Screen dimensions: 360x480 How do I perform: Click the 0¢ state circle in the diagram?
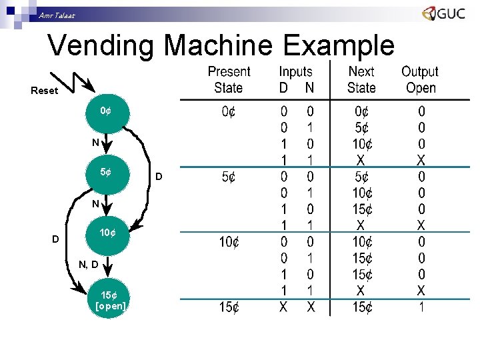[x=105, y=111]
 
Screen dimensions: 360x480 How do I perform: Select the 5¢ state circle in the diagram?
[x=105, y=173]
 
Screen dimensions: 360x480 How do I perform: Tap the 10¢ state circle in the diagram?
[x=107, y=233]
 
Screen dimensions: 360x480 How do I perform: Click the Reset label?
[x=44, y=91]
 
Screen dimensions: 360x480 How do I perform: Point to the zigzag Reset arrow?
[x=81, y=81]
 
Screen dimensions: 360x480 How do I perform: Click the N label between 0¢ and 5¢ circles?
[x=96, y=142]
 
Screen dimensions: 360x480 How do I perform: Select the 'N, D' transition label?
[x=89, y=265]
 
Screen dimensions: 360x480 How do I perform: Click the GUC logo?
[x=443, y=14]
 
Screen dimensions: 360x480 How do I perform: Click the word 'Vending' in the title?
[x=103, y=46]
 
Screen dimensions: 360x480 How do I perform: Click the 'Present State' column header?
[x=229, y=79]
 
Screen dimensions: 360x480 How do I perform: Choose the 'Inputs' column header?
[x=295, y=71]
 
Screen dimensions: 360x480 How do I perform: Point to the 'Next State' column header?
[x=361, y=79]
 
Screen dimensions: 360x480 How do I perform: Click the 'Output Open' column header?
[x=420, y=79]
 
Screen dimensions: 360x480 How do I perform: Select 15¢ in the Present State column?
[x=229, y=307]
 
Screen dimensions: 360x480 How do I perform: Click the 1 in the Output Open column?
[x=421, y=307]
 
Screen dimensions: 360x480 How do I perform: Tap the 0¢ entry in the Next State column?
[x=361, y=111]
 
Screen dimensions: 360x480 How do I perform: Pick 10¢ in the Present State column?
[x=229, y=242]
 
